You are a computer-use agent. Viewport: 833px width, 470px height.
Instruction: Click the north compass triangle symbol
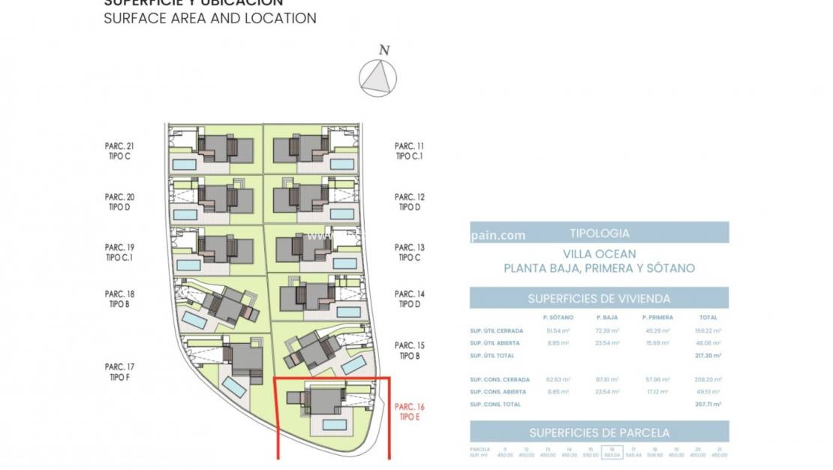pyautogui.click(x=377, y=77)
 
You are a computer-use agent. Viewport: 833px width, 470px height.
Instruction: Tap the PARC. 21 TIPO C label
pyautogui.click(x=119, y=151)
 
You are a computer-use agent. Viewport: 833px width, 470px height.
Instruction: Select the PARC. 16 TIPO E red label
pyautogui.click(x=409, y=411)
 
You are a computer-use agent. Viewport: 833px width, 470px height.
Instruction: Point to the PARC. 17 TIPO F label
pyautogui.click(x=119, y=372)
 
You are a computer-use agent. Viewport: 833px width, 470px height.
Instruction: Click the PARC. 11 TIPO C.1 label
pyautogui.click(x=410, y=151)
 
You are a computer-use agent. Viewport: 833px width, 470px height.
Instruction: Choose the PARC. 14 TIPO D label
pyautogui.click(x=410, y=299)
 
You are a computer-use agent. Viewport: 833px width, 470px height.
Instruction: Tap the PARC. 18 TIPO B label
pyautogui.click(x=119, y=299)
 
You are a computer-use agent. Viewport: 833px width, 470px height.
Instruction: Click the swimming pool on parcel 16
pyautogui.click(x=335, y=424)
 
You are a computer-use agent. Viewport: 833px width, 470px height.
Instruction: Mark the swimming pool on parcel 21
pyautogui.click(x=184, y=163)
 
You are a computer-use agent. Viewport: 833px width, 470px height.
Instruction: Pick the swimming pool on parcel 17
pyautogui.click(x=235, y=388)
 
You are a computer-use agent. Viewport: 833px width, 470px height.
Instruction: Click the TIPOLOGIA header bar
pyautogui.click(x=599, y=233)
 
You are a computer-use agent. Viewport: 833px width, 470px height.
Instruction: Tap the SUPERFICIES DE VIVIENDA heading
pyautogui.click(x=599, y=298)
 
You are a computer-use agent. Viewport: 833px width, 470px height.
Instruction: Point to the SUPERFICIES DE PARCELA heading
pyautogui.click(x=599, y=432)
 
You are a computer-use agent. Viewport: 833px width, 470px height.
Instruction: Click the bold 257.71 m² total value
pyautogui.click(x=708, y=404)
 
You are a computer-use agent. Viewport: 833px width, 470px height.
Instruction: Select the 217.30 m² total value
pyautogui.click(x=708, y=355)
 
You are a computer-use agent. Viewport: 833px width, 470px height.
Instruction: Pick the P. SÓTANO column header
pyautogui.click(x=558, y=318)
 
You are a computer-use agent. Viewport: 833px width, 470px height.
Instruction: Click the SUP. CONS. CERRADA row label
pyautogui.click(x=495, y=380)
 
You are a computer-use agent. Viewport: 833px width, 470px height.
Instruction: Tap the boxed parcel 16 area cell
pyautogui.click(x=612, y=453)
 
